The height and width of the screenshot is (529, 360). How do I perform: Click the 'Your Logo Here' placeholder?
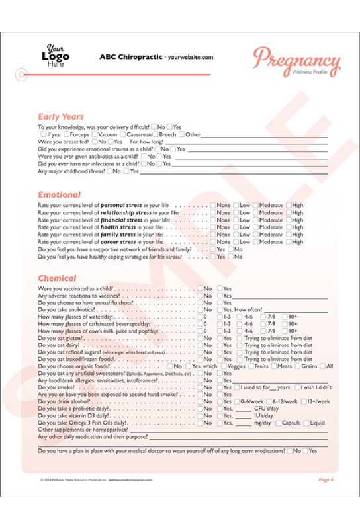56,56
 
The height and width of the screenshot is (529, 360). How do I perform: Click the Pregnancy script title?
296,61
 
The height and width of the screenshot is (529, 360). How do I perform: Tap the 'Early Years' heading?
61,117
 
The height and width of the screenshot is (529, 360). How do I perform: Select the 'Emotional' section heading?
59,195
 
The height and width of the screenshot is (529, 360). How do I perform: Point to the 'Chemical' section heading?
57,278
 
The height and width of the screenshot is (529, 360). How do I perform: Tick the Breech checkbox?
156,134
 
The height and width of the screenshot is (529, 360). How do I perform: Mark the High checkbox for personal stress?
289,205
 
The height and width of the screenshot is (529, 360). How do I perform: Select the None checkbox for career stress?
213,242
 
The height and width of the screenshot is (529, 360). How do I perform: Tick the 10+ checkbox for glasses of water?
285,317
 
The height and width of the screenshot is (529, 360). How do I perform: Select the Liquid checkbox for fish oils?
306,423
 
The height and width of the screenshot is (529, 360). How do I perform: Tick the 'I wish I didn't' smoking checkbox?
298,387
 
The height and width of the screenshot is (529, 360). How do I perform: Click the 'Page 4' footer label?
326,479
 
